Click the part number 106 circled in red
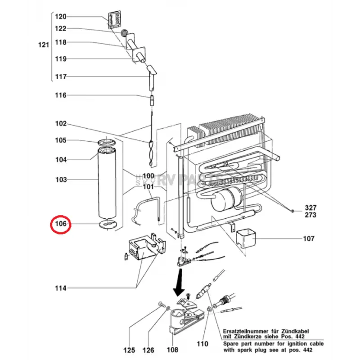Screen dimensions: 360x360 pos(61,224)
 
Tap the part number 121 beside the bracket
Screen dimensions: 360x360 pos(43,45)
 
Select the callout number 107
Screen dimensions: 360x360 pos(308,238)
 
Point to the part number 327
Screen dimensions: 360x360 pos(310,207)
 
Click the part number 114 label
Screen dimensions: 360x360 pos(61,288)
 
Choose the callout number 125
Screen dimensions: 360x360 pos(130,350)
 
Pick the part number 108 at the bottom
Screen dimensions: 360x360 pos(172,350)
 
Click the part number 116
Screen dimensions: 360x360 pos(61,95)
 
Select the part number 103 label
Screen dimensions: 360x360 pos(61,180)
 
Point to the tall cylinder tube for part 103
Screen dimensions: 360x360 pos(107,184)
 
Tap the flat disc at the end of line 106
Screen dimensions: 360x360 pos(107,224)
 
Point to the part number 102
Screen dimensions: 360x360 pos(61,124)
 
